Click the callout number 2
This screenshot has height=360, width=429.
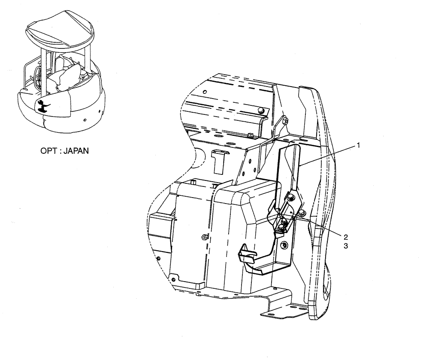coord(345,236)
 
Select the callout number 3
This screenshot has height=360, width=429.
coord(345,246)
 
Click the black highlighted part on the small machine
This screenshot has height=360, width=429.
coord(42,106)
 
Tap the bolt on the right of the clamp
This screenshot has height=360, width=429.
coord(302,213)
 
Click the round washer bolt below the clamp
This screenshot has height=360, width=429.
coord(283,245)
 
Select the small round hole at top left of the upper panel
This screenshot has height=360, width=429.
coord(205,92)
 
